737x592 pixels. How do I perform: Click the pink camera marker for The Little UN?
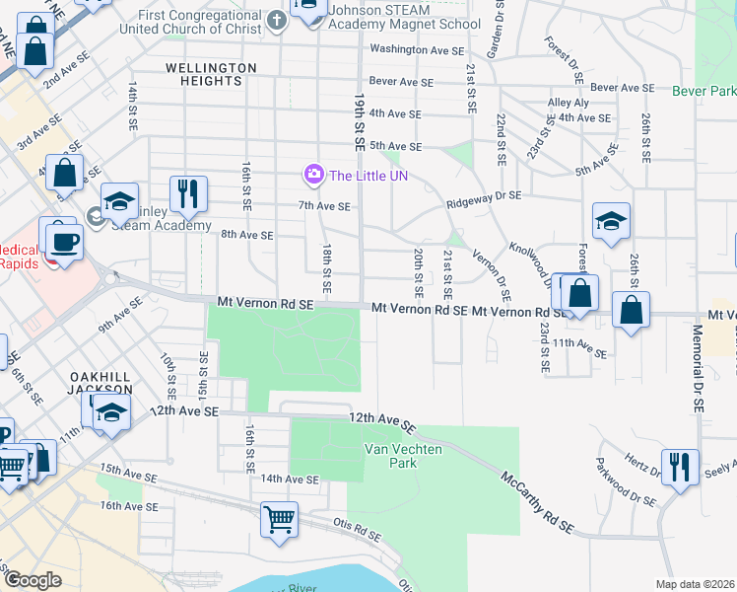[313, 176]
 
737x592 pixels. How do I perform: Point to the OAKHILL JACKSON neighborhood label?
[100, 385]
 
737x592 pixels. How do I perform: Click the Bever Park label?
[703, 91]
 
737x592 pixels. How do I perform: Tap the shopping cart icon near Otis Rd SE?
[280, 519]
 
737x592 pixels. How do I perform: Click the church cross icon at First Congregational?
[278, 20]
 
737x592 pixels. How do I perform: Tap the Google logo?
[33, 580]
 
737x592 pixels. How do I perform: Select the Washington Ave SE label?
[415, 49]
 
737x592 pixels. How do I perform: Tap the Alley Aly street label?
[569, 103]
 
